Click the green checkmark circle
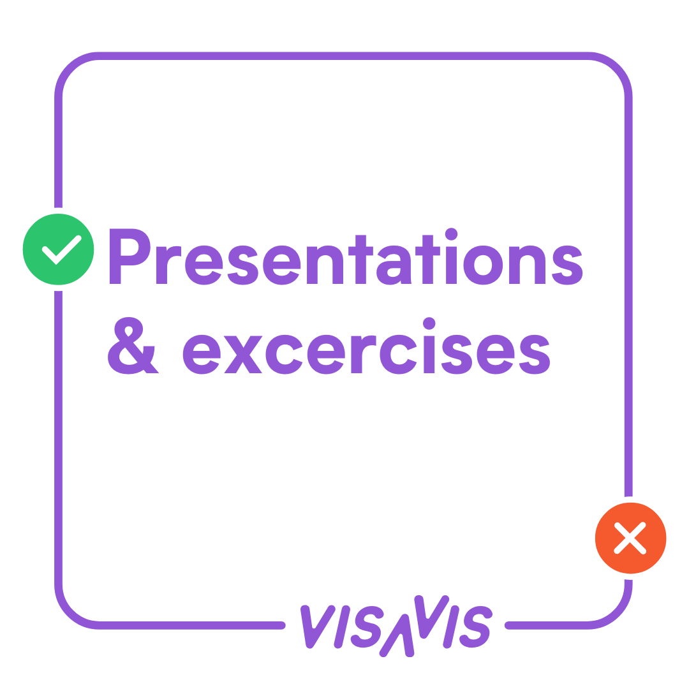(x=58, y=249)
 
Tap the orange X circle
(x=630, y=538)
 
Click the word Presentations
(x=346, y=256)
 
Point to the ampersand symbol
(x=133, y=346)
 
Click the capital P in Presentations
(x=130, y=256)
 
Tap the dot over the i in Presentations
(x=451, y=234)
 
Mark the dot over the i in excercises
(x=429, y=323)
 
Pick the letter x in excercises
(x=243, y=355)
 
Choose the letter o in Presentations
(x=483, y=265)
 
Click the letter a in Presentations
(x=394, y=265)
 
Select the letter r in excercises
(x=364, y=354)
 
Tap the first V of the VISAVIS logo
(x=318, y=626)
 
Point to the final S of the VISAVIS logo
(x=475, y=627)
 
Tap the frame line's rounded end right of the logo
(x=508, y=625)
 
